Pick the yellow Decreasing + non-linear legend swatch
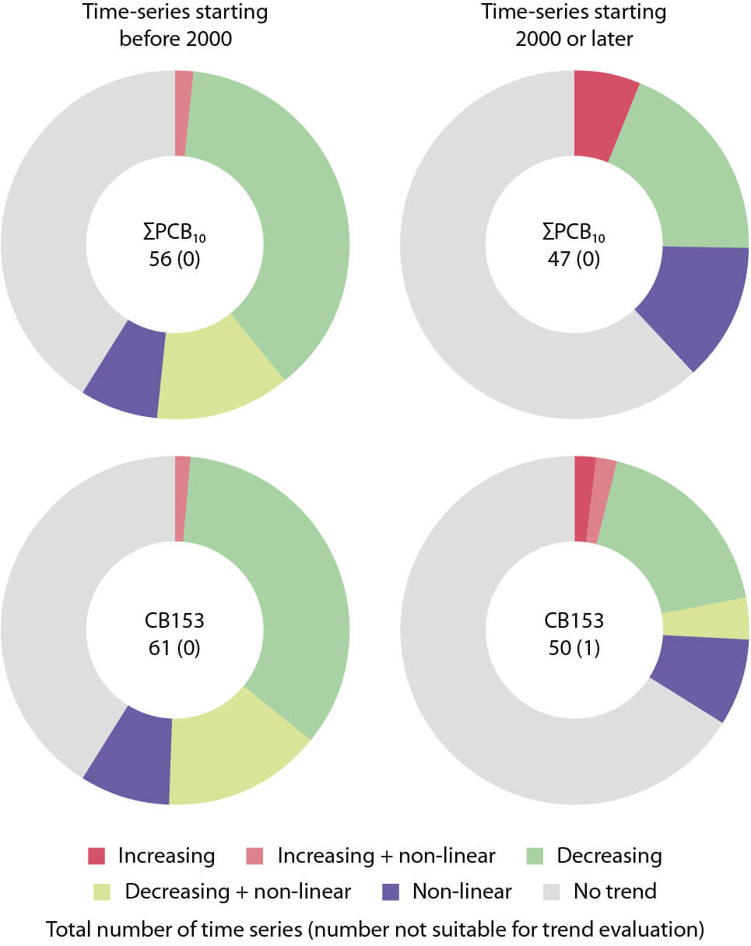click(104, 890)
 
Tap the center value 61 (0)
click(175, 647)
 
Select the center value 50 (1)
click(574, 647)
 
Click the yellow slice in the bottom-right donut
click(705, 619)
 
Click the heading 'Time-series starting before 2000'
click(175, 25)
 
